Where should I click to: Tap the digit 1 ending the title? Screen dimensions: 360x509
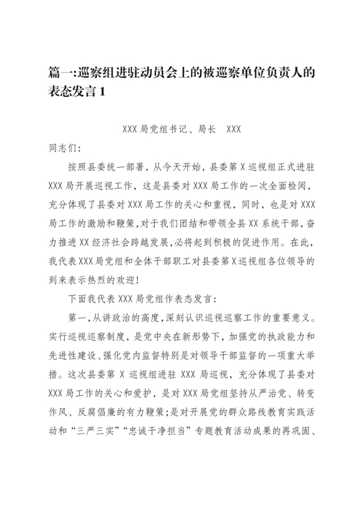click(102, 92)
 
